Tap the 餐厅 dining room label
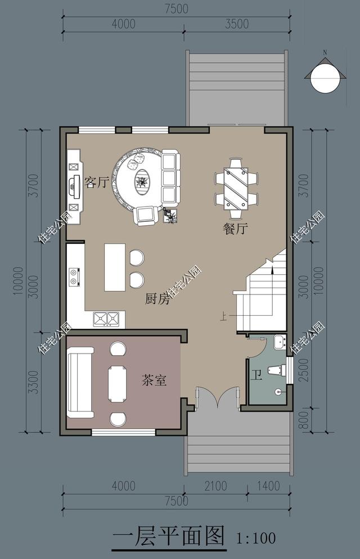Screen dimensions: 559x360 coord(236,229)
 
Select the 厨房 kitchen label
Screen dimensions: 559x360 coord(157,299)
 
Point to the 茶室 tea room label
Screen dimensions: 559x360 coord(154,381)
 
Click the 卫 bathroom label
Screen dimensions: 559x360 coord(256,375)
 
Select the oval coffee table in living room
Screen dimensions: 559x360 coord(142,181)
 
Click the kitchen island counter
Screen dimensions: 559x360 coord(115,267)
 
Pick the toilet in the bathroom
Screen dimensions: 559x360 coord(276,370)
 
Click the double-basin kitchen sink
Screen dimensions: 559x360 coord(107,319)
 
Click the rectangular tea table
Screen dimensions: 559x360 coord(118,384)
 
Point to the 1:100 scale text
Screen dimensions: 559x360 coord(256,538)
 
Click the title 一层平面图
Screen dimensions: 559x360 coord(168,536)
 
